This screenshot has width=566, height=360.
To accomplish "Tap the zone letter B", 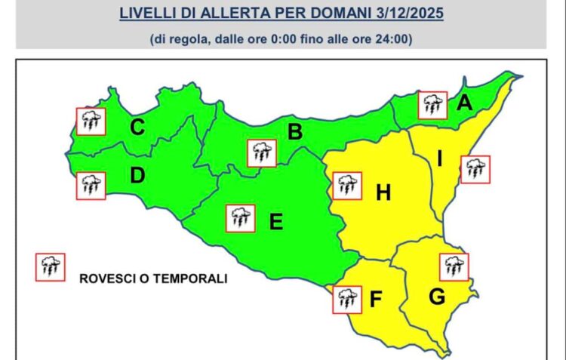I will tap(295, 132).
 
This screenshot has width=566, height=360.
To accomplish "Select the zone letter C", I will tap(137, 128).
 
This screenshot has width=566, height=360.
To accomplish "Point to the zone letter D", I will tap(137, 176).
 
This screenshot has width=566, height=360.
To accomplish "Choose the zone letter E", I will tap(275, 221).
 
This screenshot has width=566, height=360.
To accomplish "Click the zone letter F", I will tap(375, 300).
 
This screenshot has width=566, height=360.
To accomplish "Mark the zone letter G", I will tap(436, 297).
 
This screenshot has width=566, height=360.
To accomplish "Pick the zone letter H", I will tap(383, 193).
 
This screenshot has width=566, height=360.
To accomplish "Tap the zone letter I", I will tap(440, 158).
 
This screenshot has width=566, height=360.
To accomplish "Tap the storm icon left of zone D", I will tap(91, 185).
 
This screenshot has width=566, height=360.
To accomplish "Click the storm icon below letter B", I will tap(262, 152).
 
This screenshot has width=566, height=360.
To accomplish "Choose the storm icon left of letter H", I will tap(346, 186).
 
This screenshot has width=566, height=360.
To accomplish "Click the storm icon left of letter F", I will tap(347, 299).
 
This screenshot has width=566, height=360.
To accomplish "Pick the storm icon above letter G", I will tap(454, 266).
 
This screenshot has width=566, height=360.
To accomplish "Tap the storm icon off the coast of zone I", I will tap(475, 169).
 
